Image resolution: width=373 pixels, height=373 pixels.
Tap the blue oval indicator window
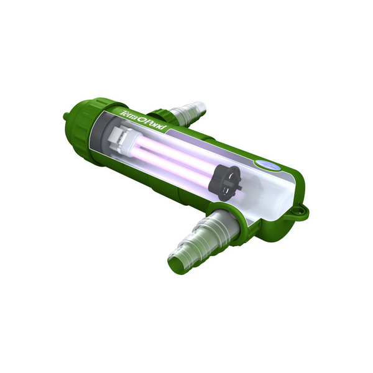(x=269, y=164)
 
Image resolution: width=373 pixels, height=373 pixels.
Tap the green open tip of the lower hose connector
(x=179, y=262)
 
